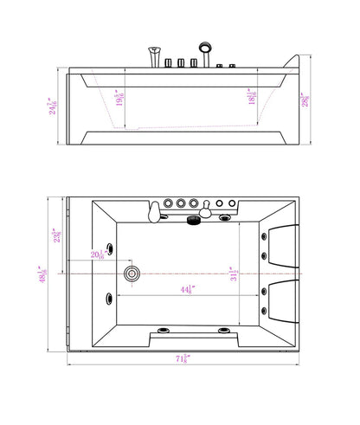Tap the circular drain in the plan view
point(132,274)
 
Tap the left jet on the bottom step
point(163,331)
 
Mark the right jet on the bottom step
point(223,331)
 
